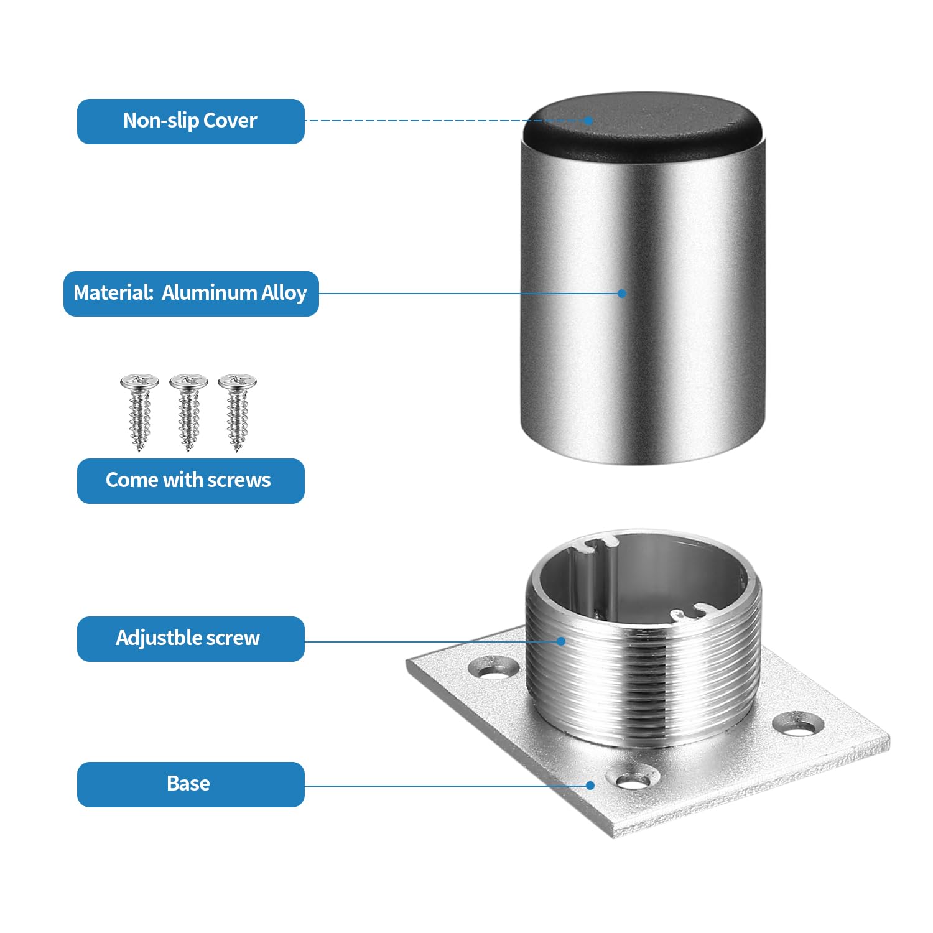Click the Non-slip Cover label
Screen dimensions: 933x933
tap(190, 121)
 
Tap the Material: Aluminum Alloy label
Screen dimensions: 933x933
tap(191, 294)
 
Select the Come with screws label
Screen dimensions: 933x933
tap(190, 481)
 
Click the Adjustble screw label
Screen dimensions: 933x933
tap(190, 639)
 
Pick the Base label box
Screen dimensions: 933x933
tap(190, 784)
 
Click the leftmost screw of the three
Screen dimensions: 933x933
tap(139, 412)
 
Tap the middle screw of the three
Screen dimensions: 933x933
tap(188, 412)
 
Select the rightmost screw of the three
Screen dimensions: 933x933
tap(237, 412)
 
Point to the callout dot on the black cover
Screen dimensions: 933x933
tap(588, 121)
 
